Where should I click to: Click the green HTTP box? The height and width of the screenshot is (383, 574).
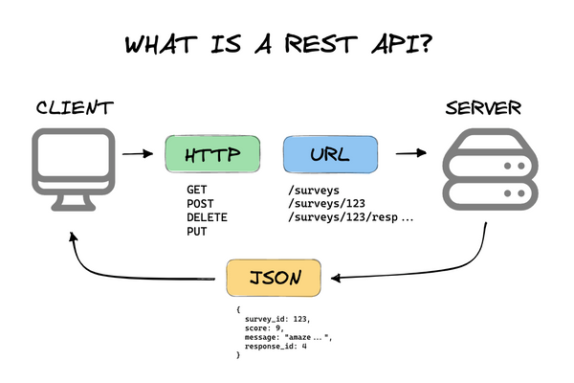(212, 153)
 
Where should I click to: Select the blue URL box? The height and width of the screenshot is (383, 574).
(328, 153)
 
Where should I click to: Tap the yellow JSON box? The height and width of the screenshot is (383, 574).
(274, 278)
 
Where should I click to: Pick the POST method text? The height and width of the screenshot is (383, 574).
(201, 204)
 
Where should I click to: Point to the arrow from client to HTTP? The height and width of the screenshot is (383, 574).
(139, 153)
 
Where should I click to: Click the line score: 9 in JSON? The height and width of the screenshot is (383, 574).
(266, 327)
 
